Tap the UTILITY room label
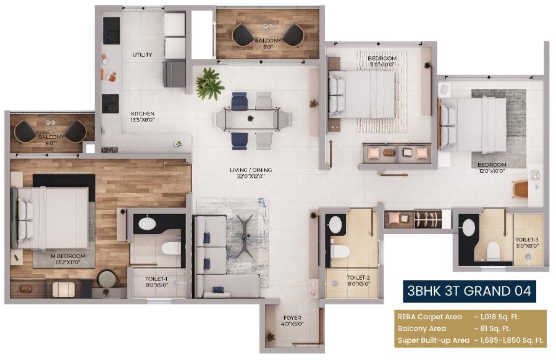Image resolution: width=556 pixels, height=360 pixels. click(x=142, y=55)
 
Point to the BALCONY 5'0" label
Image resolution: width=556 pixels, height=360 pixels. click(x=267, y=44)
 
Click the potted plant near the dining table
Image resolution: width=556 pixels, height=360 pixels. click(x=209, y=84)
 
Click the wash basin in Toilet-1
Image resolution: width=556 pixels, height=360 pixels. click(x=148, y=224)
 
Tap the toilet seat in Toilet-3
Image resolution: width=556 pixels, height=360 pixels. click(x=492, y=250)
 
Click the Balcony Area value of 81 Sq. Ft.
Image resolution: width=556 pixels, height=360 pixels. click(x=492, y=329)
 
